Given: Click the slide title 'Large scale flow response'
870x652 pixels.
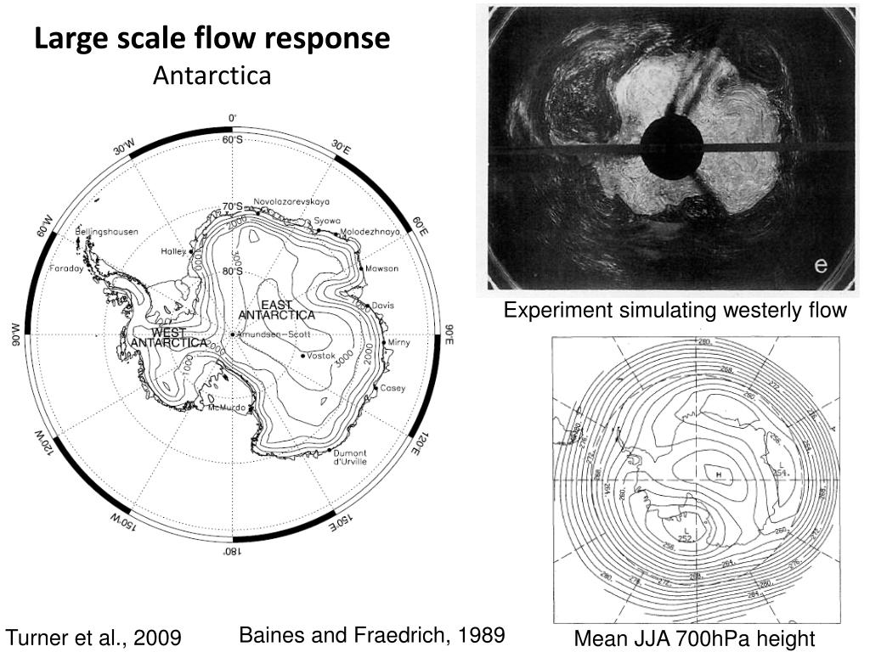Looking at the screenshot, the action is [x=212, y=39].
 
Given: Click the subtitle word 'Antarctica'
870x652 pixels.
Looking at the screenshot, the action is [x=212, y=76].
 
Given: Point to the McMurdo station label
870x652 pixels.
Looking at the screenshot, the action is [x=227, y=408].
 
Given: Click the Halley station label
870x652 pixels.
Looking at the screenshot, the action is [x=173, y=252].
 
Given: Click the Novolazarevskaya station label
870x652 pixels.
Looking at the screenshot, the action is [x=291, y=202].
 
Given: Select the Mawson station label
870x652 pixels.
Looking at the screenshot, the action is [x=381, y=268].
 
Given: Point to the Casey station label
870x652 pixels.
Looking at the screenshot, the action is [x=393, y=388].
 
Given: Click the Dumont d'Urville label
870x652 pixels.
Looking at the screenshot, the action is [x=349, y=457].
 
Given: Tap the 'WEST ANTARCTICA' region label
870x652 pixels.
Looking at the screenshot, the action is [x=169, y=337].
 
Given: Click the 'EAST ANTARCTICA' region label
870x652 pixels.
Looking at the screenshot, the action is [x=276, y=310].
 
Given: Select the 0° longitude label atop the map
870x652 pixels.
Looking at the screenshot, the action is [x=233, y=118].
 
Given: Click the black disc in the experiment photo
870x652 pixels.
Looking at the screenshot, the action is [x=671, y=149].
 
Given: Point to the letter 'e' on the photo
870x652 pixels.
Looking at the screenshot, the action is [x=820, y=265].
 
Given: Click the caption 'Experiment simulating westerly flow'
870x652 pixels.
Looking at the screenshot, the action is [x=675, y=311].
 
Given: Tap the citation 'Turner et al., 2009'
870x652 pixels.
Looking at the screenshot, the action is [x=93, y=637].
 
